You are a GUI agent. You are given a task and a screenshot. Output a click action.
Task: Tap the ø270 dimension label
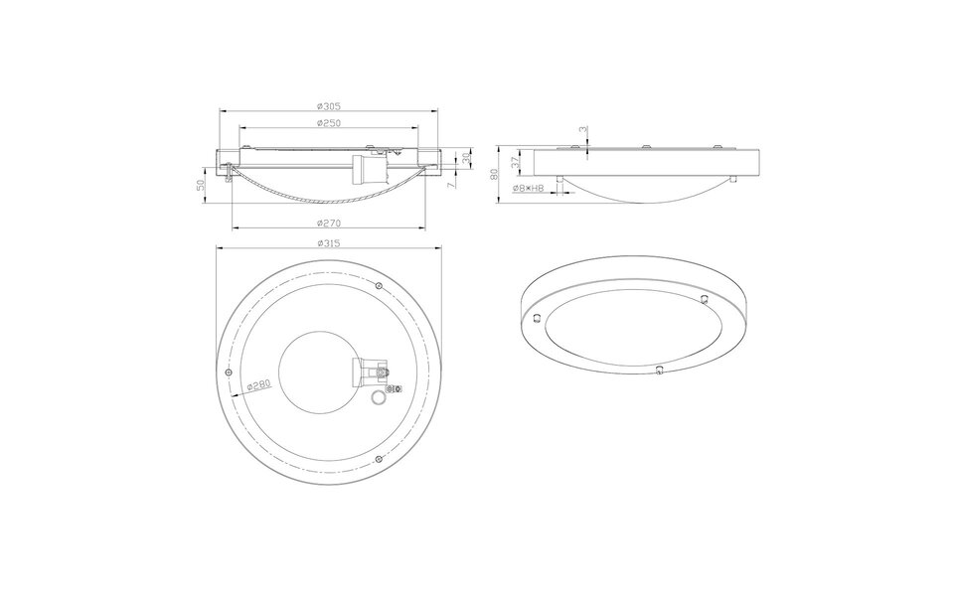tap(329, 223)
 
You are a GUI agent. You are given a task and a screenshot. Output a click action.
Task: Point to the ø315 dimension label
tap(329, 242)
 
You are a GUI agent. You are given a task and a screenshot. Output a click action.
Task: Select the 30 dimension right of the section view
tap(465, 159)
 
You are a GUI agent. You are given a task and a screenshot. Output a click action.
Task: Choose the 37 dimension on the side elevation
tap(515, 161)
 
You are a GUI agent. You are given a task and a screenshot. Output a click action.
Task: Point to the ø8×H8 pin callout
tap(527, 187)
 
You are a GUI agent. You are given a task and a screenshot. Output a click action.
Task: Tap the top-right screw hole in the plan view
tap(381, 286)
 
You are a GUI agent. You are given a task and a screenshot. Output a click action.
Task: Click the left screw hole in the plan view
tap(231, 372)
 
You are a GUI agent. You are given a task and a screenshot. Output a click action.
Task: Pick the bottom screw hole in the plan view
tap(380, 458)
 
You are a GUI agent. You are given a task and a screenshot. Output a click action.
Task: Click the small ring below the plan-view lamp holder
tap(377, 399)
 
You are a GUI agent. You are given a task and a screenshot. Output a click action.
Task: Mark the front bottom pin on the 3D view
tap(657, 371)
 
